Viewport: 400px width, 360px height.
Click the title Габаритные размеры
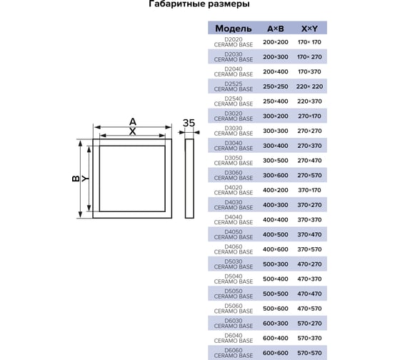click(199, 4)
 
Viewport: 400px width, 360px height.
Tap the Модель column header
click(234, 29)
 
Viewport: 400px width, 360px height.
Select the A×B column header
click(276, 29)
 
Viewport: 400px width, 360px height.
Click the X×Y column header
click(309, 29)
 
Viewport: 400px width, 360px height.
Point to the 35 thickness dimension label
click(189, 123)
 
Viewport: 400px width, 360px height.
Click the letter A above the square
click(133, 121)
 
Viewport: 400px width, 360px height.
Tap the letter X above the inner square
click(133, 131)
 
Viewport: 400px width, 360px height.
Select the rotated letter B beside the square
click(76, 179)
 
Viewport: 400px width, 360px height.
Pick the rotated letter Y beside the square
click(86, 179)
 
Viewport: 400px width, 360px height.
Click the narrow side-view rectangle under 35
click(189, 179)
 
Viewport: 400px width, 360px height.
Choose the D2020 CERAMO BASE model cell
click(234, 42)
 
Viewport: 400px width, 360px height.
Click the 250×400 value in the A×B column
click(276, 101)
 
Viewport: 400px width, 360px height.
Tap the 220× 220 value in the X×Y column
click(309, 86)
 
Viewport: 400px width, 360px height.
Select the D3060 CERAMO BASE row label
click(234, 175)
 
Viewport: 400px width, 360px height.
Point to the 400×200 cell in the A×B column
click(276, 190)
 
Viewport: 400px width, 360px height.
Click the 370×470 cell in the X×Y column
click(309, 234)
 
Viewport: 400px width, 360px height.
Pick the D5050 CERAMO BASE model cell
click(234, 294)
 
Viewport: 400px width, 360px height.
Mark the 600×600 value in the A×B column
click(276, 353)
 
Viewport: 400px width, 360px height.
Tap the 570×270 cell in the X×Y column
click(309, 324)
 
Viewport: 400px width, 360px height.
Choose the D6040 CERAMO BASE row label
click(234, 338)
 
